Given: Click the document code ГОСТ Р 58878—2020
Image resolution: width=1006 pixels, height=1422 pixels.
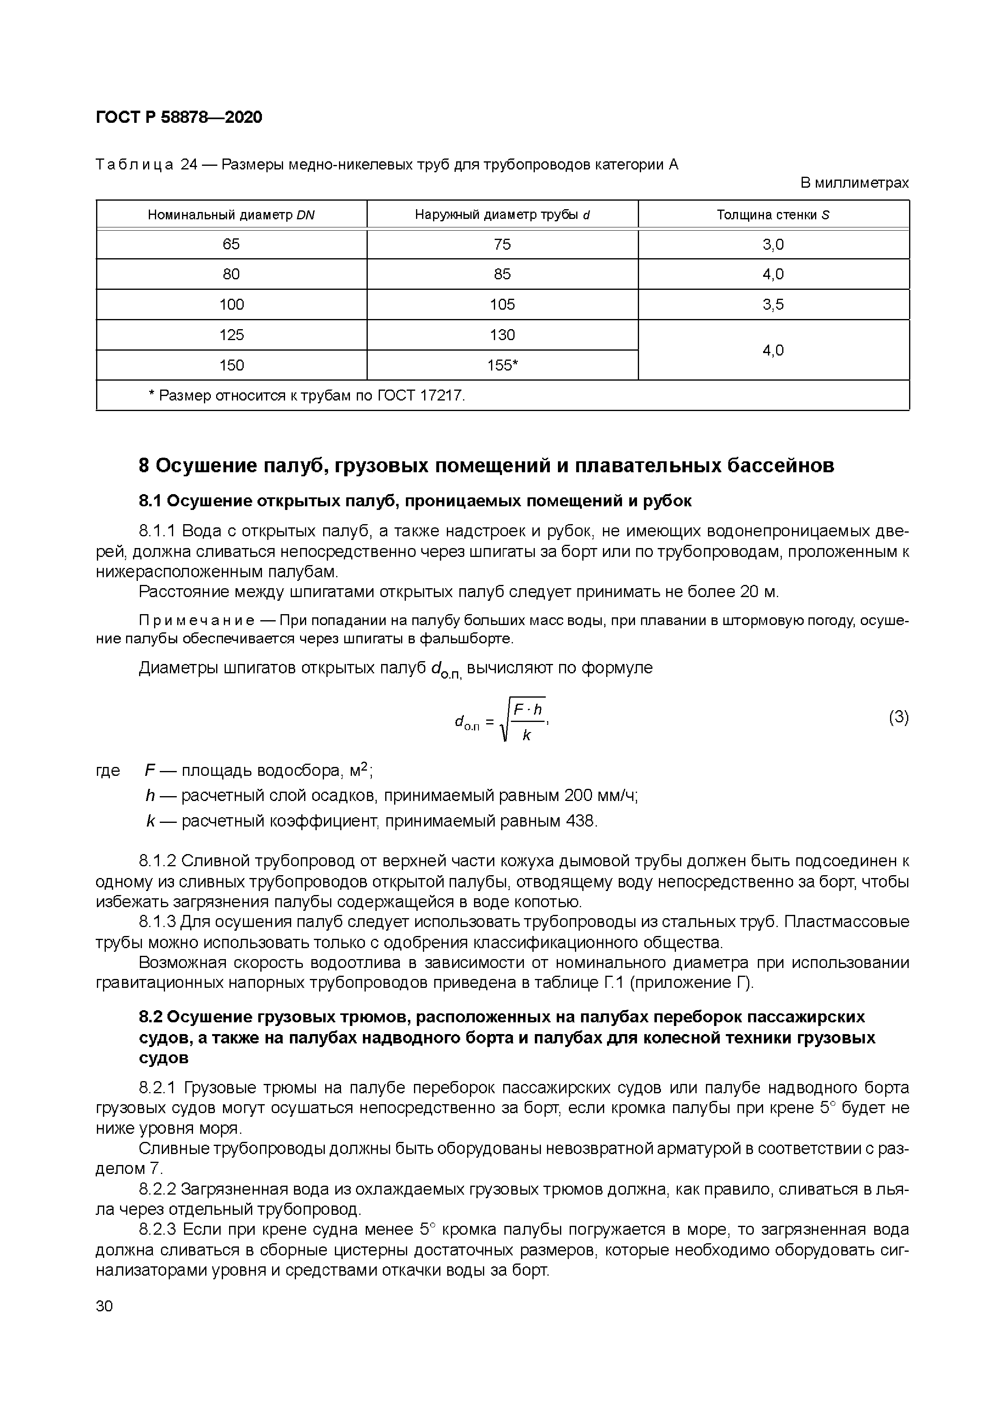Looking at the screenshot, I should coord(179,117).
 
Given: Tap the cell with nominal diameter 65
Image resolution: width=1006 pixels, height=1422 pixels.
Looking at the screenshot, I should coord(231,244).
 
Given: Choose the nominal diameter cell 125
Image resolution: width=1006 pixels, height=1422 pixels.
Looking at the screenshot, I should coord(231,335).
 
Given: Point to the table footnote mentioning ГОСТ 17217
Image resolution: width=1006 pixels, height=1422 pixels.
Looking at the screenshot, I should coord(307,395).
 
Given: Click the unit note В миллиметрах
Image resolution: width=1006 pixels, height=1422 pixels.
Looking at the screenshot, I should coord(854,183).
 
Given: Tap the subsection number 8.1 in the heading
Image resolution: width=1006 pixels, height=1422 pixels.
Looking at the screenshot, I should coord(150,501).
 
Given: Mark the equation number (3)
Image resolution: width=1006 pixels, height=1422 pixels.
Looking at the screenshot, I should coord(898,718).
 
